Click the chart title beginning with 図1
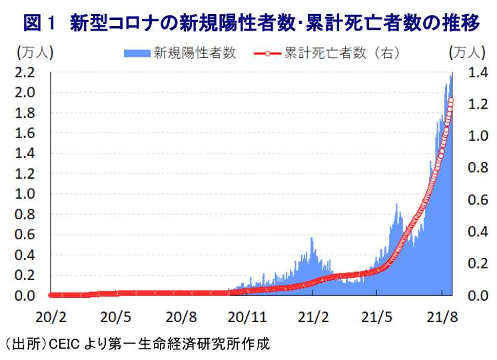pyautogui.click(x=251, y=23)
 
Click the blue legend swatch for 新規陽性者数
pyautogui.click(x=137, y=53)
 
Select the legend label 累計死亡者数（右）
pyautogui.click(x=342, y=53)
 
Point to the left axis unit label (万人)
pyautogui.click(x=35, y=53)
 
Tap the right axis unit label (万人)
pyautogui.click(x=467, y=53)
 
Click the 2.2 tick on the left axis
pyautogui.click(x=25, y=73)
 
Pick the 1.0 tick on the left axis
pyautogui.click(x=25, y=194)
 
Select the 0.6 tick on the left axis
pyautogui.click(x=25, y=235)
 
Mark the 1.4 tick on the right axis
pyautogui.click(x=478, y=73)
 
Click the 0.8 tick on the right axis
pyautogui.click(x=478, y=167)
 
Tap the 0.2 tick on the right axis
pyautogui.click(x=478, y=263)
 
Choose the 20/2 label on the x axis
pyautogui.click(x=51, y=317)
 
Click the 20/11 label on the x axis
pyautogui.click(x=247, y=317)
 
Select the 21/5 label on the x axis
pyautogui.click(x=376, y=317)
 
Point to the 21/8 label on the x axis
pyautogui.click(x=442, y=317)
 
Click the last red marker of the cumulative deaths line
pyautogui.click(x=451, y=101)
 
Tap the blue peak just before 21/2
pyautogui.click(x=312, y=238)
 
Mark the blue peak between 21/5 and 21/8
pyautogui.click(x=396, y=205)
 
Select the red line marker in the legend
pyautogui.click(x=267, y=53)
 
